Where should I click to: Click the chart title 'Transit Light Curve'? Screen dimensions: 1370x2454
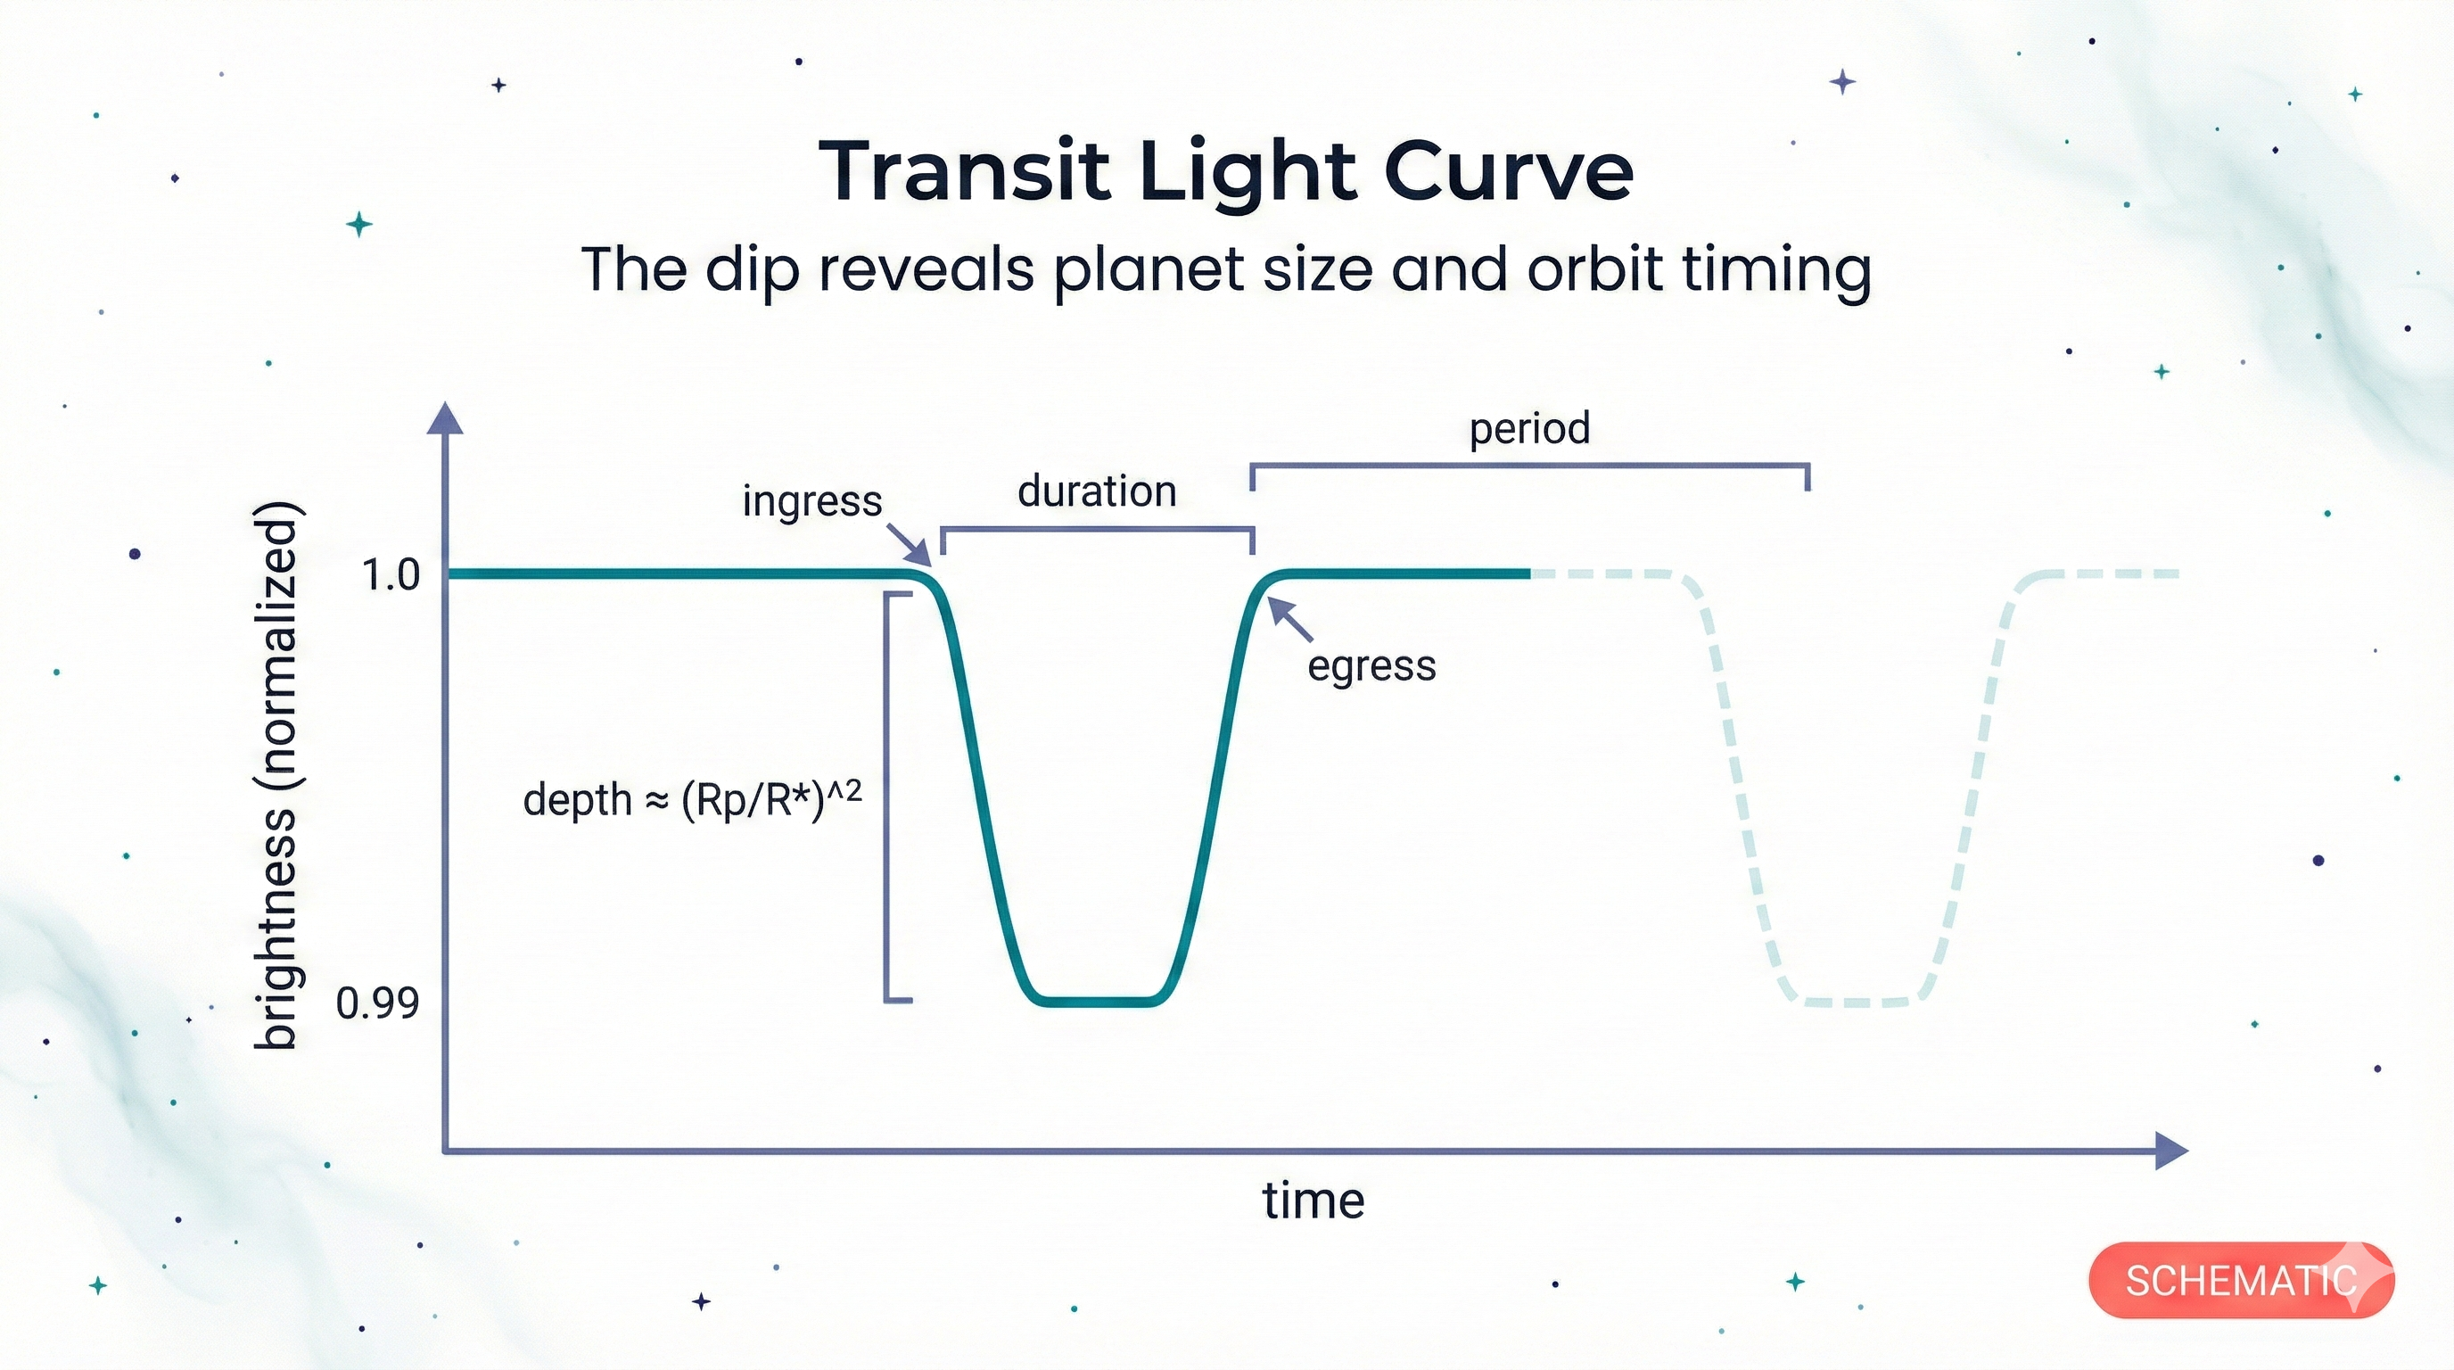coord(1226,171)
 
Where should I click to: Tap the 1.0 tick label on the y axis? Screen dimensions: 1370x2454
coord(391,575)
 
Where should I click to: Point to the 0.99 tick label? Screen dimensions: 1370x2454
coord(377,1003)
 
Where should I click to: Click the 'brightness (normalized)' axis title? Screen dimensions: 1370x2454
coord(276,775)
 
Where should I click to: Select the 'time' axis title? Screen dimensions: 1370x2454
coord(1313,1201)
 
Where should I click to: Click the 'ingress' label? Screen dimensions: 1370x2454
coord(811,501)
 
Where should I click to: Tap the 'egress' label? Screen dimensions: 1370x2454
coord(1371,666)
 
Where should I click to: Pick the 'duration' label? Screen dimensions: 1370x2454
coord(1097,491)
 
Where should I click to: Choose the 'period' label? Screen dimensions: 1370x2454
coord(1529,429)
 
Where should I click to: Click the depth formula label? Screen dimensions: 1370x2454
coord(693,798)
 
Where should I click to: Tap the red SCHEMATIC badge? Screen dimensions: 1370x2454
coord(2241,1281)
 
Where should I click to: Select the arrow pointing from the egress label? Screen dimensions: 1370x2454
coord(1291,619)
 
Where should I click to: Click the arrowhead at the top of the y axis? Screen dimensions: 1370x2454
coord(446,419)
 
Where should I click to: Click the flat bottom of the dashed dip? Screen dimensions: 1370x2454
coord(1856,1002)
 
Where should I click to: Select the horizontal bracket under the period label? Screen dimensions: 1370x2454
coord(1529,466)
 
